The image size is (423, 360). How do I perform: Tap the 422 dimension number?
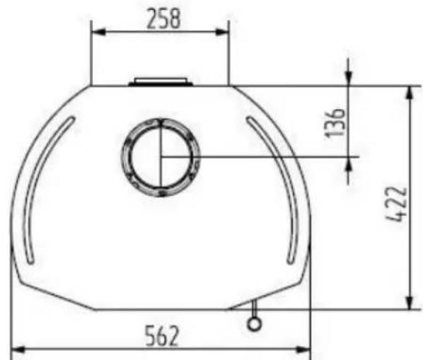(397, 205)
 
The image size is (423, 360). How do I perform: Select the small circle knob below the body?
(254, 323)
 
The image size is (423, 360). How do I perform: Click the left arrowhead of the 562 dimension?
(18, 349)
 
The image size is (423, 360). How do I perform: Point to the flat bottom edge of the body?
(163, 310)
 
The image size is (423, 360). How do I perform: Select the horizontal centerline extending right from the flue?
(283, 156)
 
